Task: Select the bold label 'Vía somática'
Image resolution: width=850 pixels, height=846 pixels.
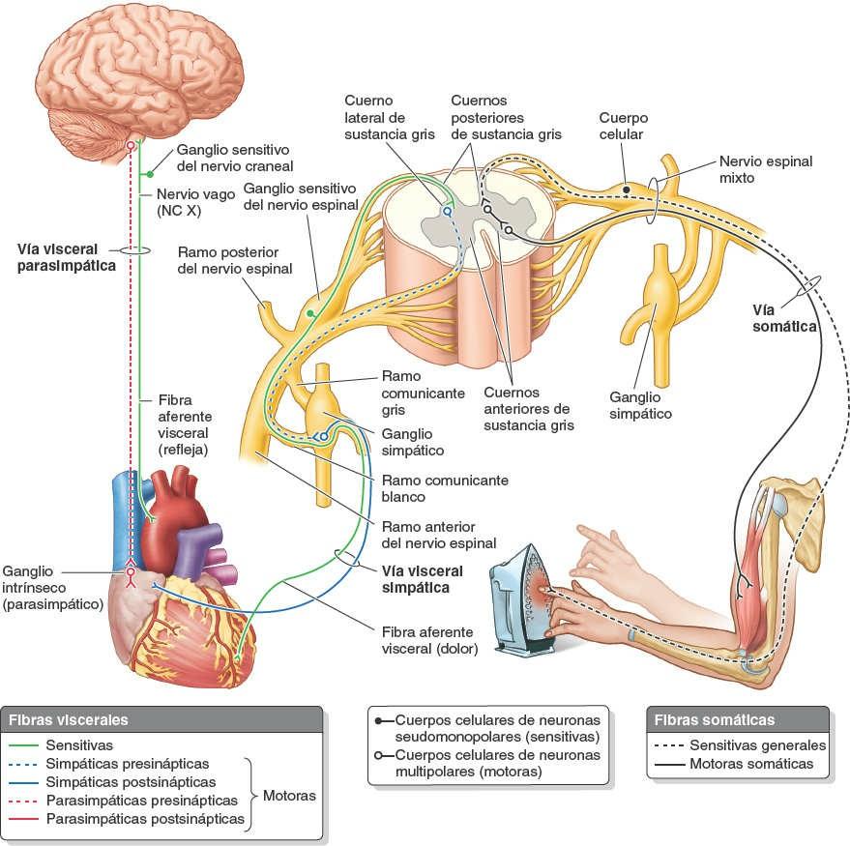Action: (784, 318)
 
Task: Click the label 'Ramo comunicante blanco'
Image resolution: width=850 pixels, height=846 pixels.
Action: (445, 488)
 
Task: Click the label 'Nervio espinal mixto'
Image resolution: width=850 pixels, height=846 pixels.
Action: (765, 170)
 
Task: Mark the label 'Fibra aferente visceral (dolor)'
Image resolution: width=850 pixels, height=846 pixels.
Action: (429, 639)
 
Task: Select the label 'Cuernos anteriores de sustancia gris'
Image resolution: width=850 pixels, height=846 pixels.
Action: (528, 409)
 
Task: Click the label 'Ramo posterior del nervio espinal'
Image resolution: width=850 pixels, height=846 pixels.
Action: (234, 259)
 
